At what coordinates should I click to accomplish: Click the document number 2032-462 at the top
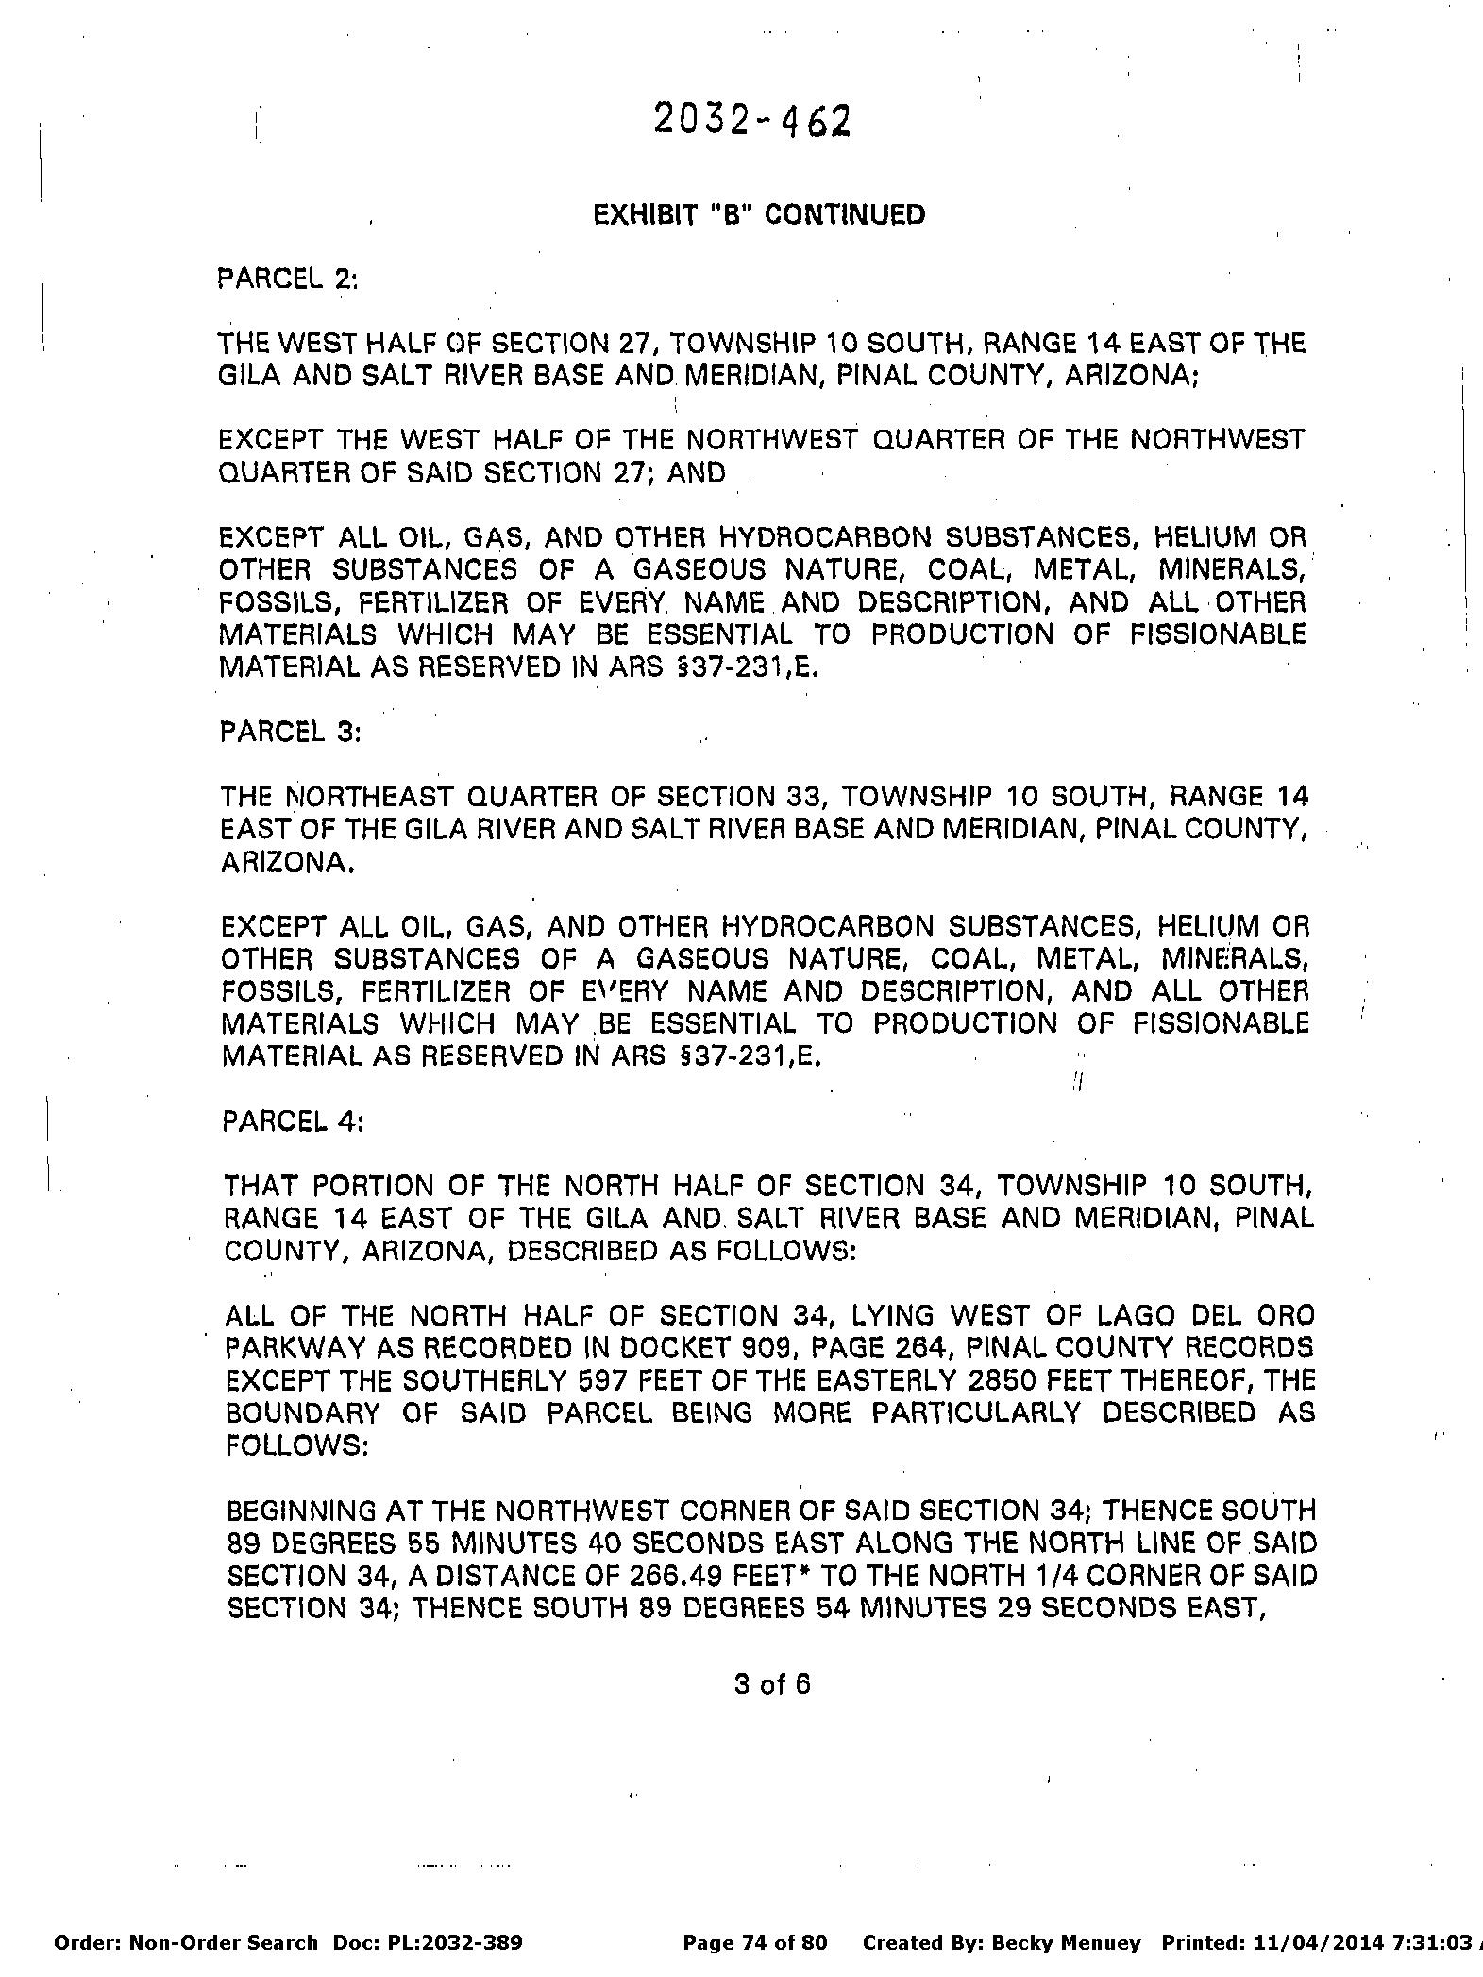752,122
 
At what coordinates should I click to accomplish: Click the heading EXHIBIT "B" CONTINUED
759,215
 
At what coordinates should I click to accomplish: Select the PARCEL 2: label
288,279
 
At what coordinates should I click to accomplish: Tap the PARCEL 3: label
290,733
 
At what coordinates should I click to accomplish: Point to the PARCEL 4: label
292,1122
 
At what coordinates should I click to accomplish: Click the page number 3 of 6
772,1684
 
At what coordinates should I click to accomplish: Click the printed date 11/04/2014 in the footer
1310,1943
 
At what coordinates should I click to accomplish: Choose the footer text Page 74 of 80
754,1943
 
